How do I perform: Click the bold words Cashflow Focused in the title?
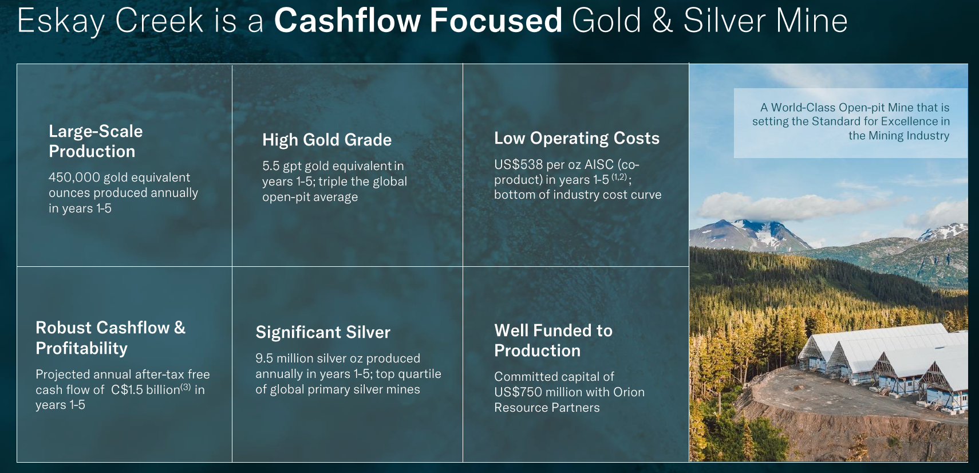(x=418, y=20)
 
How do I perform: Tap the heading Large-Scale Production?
(x=96, y=141)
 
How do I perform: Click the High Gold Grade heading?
(x=327, y=140)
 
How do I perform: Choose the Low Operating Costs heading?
(x=577, y=138)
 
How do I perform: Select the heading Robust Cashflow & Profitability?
(x=110, y=338)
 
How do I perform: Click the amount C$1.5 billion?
(x=145, y=389)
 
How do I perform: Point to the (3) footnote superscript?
(x=185, y=387)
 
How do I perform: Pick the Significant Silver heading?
(x=323, y=332)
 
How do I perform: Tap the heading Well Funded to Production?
(x=553, y=341)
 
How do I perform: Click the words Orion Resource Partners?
(x=570, y=400)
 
